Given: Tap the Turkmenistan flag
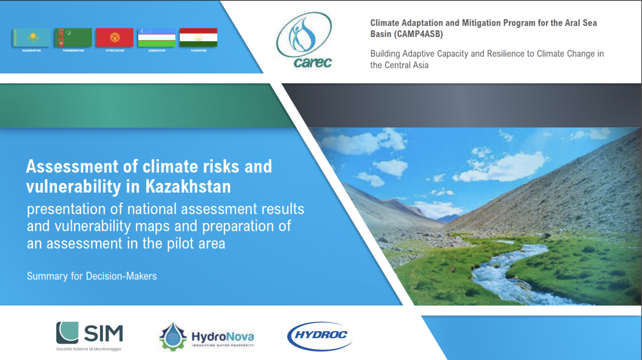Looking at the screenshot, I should coord(73,38).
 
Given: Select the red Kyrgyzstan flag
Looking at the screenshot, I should coord(115,38).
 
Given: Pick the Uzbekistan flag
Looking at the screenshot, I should coord(156,38).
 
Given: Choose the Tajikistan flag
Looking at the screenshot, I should coord(198,38).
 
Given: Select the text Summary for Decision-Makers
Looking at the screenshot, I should coord(91,276).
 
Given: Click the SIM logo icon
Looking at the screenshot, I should coord(67,333).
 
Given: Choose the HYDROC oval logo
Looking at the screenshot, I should coord(319,336).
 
